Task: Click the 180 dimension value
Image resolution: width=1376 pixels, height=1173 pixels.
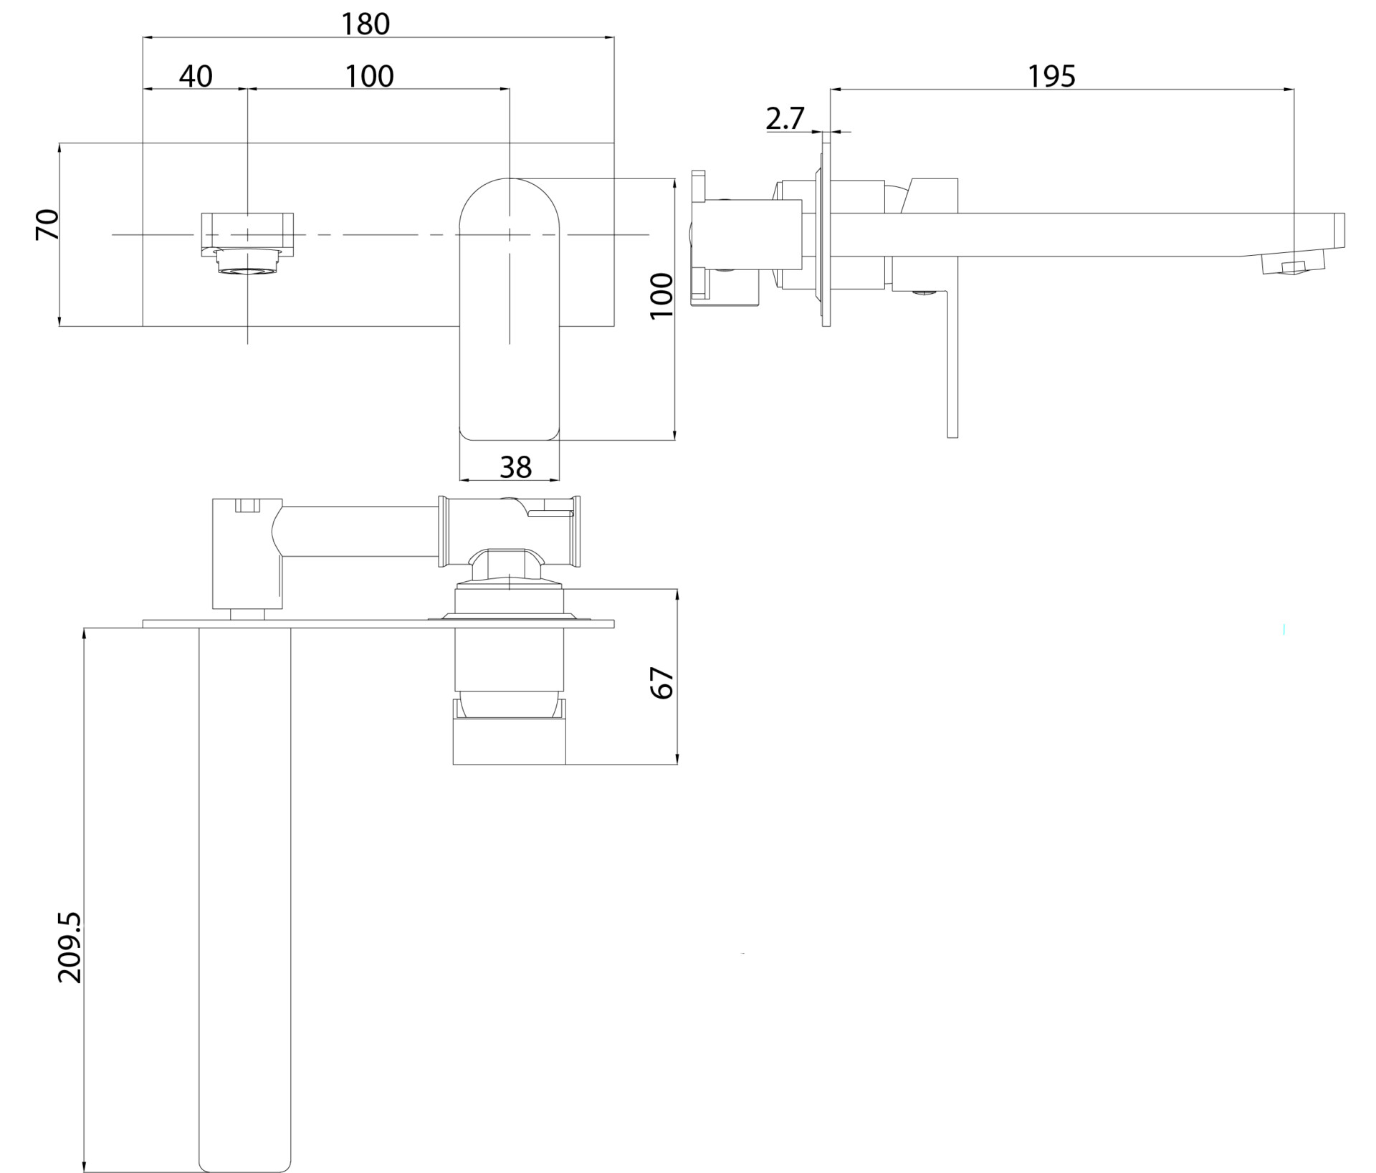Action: click(x=365, y=24)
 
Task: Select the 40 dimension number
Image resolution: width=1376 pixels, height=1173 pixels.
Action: click(x=196, y=76)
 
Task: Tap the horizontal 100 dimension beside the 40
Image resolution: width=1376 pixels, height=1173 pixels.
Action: click(x=370, y=76)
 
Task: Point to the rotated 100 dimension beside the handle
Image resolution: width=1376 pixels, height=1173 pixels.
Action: click(x=661, y=295)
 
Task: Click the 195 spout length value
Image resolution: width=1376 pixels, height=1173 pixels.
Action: click(x=1051, y=76)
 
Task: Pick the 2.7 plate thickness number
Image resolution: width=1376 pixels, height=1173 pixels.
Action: click(x=785, y=118)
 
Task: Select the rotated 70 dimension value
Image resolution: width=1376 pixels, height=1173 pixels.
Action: click(x=48, y=224)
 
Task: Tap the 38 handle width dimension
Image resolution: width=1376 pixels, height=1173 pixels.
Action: click(x=515, y=467)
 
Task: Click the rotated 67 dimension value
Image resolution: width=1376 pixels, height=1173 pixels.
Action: click(x=661, y=682)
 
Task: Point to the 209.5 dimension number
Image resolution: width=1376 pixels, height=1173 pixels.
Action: click(x=70, y=947)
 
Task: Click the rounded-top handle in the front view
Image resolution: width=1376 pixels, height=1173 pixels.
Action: click(x=509, y=309)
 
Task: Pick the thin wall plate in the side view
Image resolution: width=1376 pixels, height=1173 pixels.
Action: click(x=826, y=234)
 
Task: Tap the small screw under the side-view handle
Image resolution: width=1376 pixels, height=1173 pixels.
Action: click(x=924, y=292)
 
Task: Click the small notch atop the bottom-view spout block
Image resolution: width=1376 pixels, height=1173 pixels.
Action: click(x=247, y=506)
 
